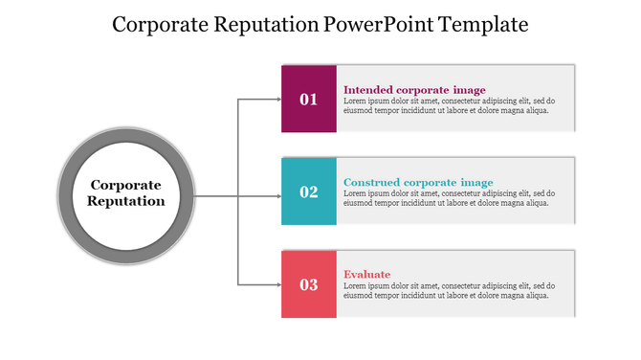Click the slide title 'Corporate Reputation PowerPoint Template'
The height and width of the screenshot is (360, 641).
click(x=320, y=25)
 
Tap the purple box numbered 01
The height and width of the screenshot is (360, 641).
click(x=308, y=99)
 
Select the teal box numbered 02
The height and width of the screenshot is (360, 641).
click(x=308, y=191)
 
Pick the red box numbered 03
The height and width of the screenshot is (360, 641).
click(x=308, y=284)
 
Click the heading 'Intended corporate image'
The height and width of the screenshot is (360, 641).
click(x=414, y=90)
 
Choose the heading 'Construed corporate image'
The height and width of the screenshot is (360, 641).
click(x=418, y=182)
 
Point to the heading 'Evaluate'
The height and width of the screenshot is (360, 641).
click(x=366, y=275)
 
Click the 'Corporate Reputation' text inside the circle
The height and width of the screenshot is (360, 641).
click(x=126, y=192)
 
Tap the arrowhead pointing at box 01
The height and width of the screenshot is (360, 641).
click(x=276, y=99)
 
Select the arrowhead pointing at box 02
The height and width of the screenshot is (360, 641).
click(x=276, y=197)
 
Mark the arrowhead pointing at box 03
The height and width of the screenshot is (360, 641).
click(x=276, y=284)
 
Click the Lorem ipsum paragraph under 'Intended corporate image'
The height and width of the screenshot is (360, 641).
click(x=450, y=105)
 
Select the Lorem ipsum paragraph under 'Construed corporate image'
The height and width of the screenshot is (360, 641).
click(x=450, y=198)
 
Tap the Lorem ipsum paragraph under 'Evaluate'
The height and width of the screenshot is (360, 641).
click(x=450, y=291)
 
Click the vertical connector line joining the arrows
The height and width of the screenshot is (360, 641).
click(x=238, y=239)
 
